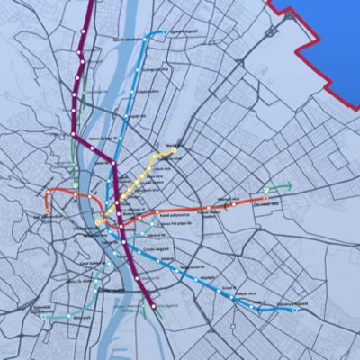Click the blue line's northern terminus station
point(166,33)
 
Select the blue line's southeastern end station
point(294,310)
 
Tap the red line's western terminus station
point(47,212)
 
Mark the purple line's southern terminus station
point(155,307)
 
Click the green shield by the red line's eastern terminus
point(266,190)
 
